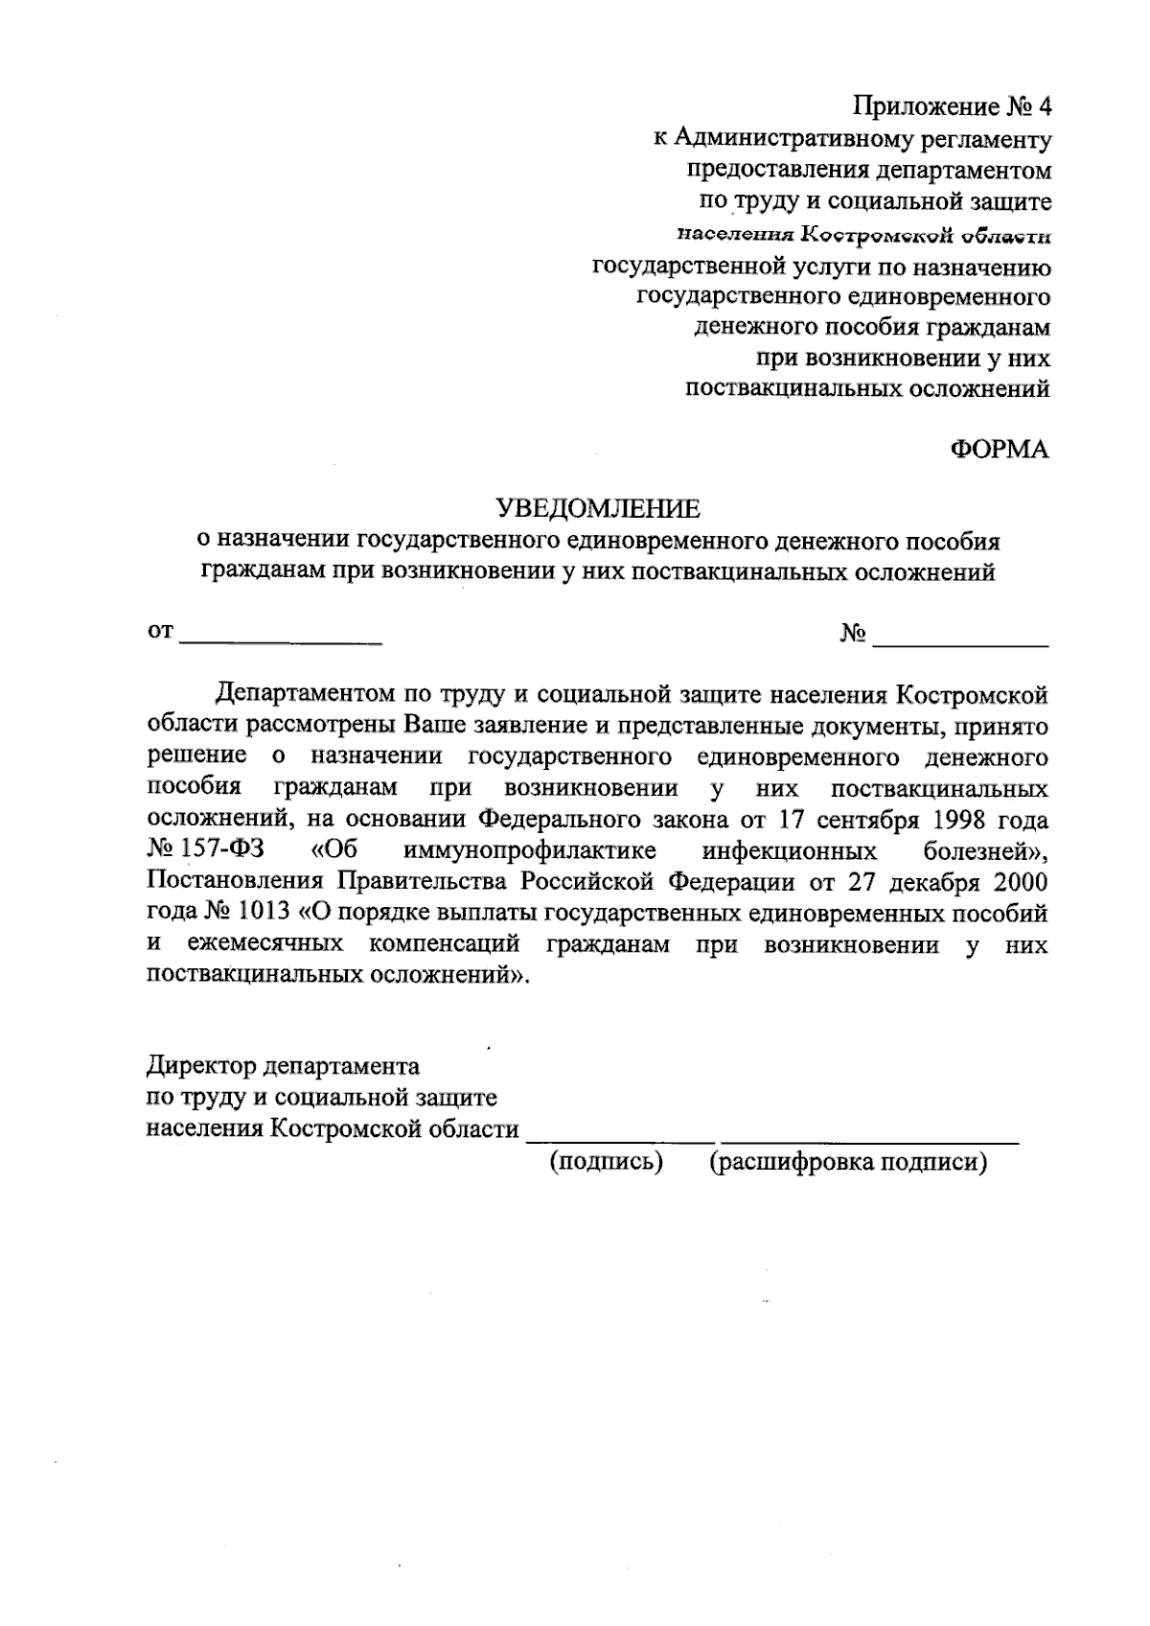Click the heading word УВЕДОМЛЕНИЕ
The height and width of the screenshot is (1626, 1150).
[x=596, y=507]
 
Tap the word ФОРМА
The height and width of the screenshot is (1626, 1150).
[x=1000, y=449]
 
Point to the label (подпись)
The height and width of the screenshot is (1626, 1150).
[x=607, y=1162]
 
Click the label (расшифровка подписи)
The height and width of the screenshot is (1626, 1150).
[x=848, y=1162]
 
